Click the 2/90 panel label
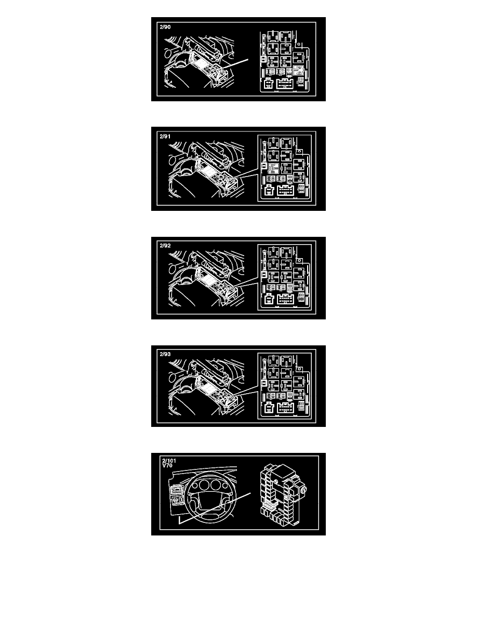[x=165, y=27]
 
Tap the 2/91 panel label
[x=165, y=137]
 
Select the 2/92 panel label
[x=165, y=246]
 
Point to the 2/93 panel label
[x=165, y=354]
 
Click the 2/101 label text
[x=169, y=461]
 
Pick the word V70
[x=167, y=465]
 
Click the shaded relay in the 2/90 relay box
[x=299, y=71]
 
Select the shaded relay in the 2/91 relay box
[x=273, y=168]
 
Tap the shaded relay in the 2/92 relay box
[x=290, y=287]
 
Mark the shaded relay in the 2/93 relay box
[x=300, y=394]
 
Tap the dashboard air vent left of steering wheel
[x=176, y=490]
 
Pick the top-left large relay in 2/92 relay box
[x=273, y=252]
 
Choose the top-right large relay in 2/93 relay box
[x=286, y=361]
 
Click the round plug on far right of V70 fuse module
[x=304, y=490]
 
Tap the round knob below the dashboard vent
[x=176, y=500]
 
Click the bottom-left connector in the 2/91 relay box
[x=269, y=191]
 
